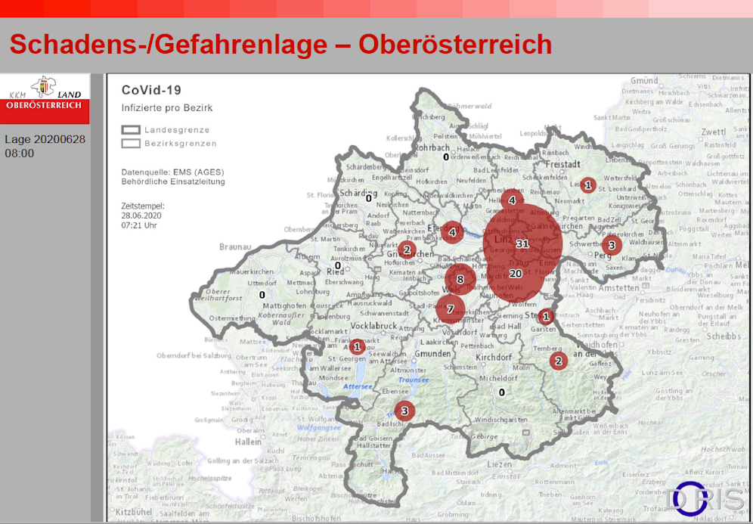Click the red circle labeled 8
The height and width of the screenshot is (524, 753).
click(460, 280)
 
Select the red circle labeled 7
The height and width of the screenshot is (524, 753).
click(451, 309)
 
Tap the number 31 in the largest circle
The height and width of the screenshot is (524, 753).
click(522, 243)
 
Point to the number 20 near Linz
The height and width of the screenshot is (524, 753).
click(516, 273)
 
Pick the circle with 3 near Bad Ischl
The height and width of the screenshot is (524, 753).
click(404, 411)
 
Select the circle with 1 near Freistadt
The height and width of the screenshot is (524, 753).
click(587, 184)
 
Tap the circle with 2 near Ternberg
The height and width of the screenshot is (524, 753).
click(559, 361)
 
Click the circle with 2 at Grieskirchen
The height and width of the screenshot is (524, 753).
click(407, 250)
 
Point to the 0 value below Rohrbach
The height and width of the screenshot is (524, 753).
click(446, 157)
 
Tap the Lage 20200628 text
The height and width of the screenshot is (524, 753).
click(45, 139)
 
